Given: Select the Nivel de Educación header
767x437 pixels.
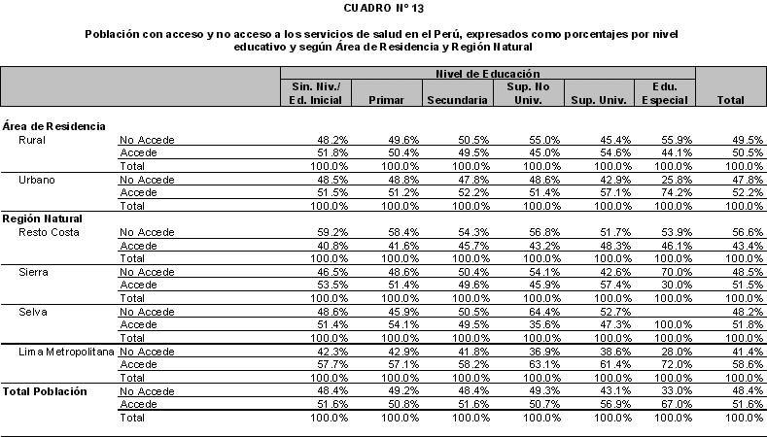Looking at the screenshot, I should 488,74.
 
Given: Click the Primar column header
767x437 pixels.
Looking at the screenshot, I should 386,100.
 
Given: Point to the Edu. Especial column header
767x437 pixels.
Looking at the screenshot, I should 665,93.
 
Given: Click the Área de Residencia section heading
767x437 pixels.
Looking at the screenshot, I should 54,126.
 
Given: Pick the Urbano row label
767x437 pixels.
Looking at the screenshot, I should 36,180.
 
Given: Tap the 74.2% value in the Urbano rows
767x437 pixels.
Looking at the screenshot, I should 673,192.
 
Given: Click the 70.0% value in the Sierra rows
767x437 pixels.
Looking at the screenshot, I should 673,272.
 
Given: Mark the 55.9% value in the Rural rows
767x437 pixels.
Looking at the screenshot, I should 673,140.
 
